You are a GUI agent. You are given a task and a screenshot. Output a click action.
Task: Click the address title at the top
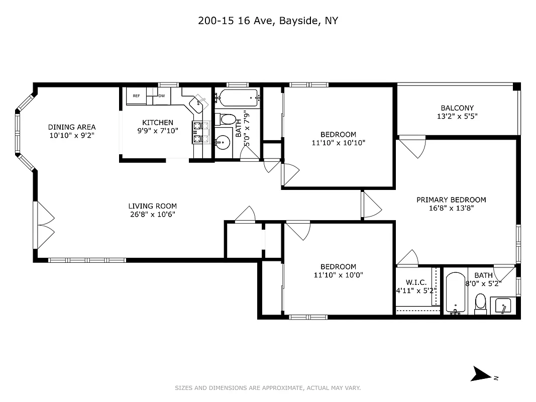tap(268, 21)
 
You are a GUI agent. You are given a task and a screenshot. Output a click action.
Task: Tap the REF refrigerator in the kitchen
tap(136, 95)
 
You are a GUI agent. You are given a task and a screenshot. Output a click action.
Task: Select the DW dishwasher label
tap(162, 95)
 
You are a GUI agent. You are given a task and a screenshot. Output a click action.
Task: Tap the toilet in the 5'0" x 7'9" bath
tap(227, 120)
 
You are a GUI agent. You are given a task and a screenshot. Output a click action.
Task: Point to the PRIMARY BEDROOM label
tap(451, 199)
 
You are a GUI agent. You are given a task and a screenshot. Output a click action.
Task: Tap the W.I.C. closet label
tap(416, 283)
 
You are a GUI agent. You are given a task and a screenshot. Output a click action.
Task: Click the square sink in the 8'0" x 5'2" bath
tap(503, 306)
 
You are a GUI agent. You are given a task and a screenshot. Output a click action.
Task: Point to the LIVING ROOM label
tap(152, 206)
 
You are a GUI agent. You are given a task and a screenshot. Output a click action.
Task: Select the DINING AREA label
tap(72, 127)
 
